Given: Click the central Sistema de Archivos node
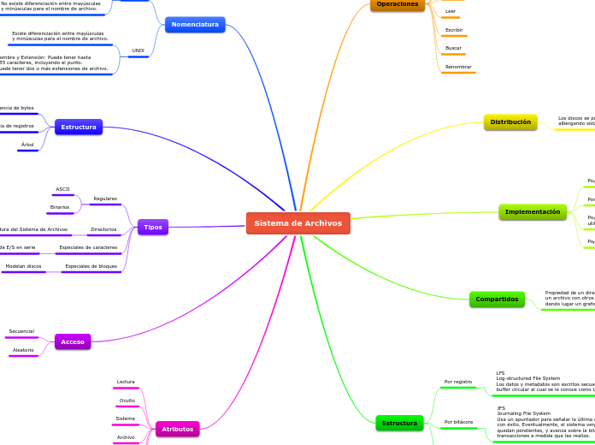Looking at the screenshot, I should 297,223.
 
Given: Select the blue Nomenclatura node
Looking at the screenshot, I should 195,25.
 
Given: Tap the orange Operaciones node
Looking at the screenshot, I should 398,4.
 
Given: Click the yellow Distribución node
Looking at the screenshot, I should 510,122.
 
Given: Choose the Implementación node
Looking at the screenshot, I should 533,212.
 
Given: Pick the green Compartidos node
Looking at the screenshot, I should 497,300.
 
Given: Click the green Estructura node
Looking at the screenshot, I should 399,423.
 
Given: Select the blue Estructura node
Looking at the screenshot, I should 79,128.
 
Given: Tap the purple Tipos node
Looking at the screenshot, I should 153,227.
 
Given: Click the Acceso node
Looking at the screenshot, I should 73,341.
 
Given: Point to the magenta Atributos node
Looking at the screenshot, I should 178,429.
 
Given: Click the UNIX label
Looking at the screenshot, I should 138,51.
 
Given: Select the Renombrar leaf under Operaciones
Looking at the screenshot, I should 458,67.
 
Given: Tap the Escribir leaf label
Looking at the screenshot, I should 454,30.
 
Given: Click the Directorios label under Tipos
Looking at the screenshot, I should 103,229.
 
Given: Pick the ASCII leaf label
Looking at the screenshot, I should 62,189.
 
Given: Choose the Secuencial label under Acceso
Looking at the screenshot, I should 21,331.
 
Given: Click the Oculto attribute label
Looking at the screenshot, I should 127,400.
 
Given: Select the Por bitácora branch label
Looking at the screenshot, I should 458,422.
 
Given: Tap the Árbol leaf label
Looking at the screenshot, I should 27,145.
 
